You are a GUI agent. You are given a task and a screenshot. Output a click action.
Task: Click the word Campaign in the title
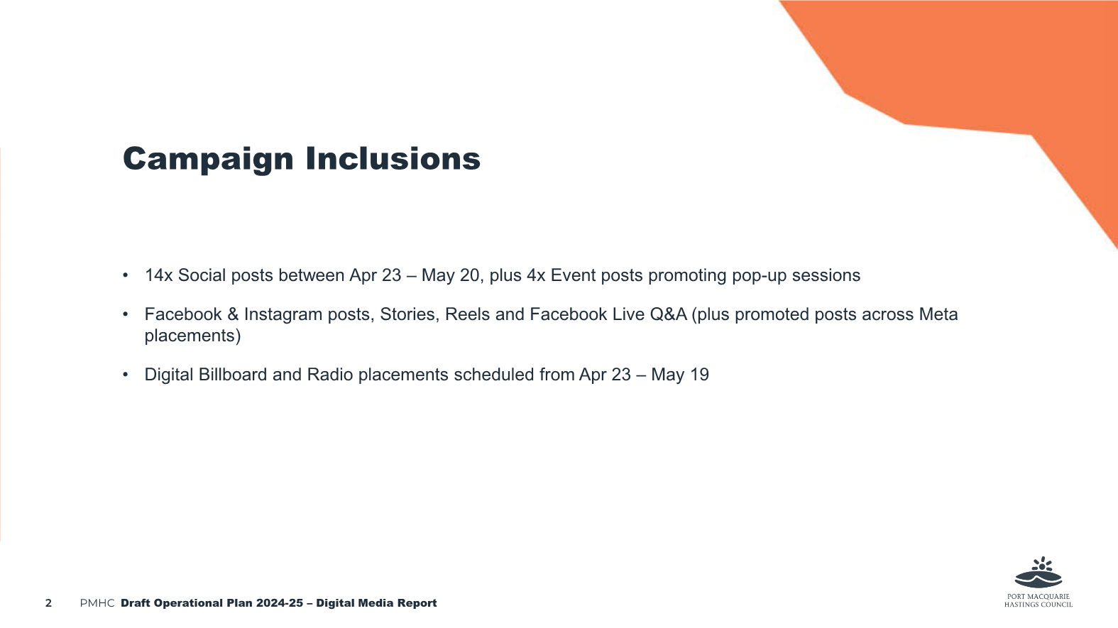[207, 160]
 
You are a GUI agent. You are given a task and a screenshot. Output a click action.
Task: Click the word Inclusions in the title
[393, 159]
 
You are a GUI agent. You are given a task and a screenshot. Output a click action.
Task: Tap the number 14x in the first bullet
[158, 275]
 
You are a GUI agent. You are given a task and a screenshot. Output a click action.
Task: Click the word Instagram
[283, 315]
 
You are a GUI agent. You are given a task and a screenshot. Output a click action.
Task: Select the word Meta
[938, 314]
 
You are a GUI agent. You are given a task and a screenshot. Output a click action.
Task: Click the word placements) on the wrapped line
[192, 336]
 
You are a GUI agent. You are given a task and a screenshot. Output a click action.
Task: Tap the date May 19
[680, 375]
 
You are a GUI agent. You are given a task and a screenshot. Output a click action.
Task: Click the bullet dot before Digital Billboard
[125, 375]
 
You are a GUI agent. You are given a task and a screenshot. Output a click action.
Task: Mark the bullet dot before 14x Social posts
[125, 275]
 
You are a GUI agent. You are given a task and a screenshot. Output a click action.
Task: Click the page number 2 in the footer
[48, 603]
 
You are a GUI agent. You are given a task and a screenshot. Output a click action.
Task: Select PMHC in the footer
[97, 603]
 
